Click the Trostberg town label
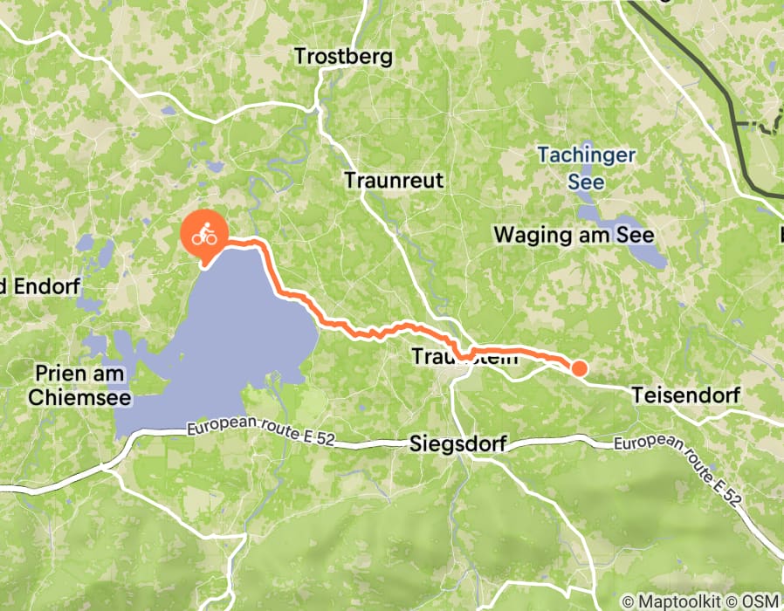[x=343, y=58]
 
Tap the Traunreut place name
[x=394, y=181]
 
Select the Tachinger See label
[x=586, y=168]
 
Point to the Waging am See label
[x=574, y=235]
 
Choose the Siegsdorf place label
[x=457, y=444]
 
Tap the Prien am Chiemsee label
[x=79, y=386]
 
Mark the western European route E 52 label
[x=248, y=428]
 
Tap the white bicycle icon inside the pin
[x=204, y=233]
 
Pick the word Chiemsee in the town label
[x=79, y=398]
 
